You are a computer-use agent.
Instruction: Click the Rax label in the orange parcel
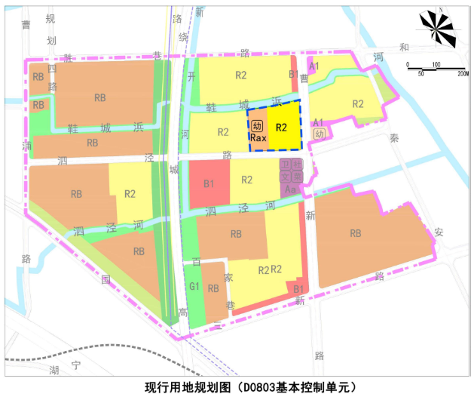[258, 138]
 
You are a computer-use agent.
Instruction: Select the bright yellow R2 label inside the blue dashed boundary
[282, 128]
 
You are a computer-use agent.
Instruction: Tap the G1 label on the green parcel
[194, 287]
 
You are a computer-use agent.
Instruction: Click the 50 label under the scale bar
[421, 73]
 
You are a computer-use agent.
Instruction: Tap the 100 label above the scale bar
[436, 63]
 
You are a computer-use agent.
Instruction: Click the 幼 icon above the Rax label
[258, 127]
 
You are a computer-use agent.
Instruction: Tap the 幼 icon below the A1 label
[320, 134]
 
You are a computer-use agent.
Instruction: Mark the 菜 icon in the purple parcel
[298, 175]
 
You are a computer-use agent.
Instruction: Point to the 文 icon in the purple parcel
[285, 175]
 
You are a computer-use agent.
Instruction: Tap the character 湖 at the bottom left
[54, 370]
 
